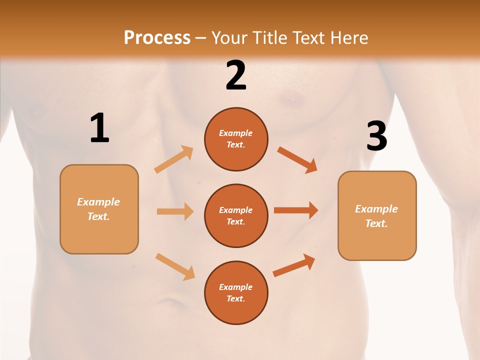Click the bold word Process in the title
(157, 37)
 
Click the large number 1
(99, 128)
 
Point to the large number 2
(236, 75)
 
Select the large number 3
(376, 136)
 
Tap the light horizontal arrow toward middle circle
(175, 211)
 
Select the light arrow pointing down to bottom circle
(175, 266)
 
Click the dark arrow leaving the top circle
(297, 160)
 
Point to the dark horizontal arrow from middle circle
(296, 210)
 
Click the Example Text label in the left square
(98, 209)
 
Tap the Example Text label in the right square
(376, 216)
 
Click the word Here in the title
(349, 37)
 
